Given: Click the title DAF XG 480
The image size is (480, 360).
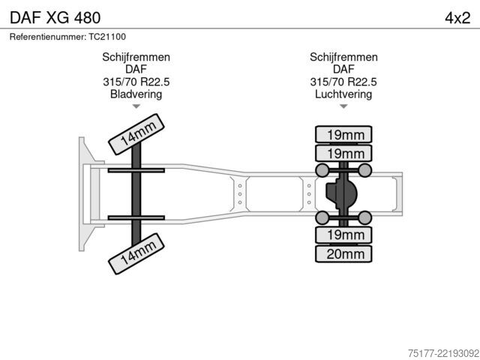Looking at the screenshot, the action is coord(55,18).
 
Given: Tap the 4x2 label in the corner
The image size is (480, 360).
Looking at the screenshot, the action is coord(457,18).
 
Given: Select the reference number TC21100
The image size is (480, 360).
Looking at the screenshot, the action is coord(107,37).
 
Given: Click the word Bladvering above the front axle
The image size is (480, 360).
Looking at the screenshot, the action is coord(136,94).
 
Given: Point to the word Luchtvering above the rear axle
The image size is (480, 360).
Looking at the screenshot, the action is coord(343,94).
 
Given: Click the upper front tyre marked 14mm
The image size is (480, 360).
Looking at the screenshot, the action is coord(136,134).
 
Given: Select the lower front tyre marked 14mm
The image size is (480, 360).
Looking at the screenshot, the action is coord(136,253).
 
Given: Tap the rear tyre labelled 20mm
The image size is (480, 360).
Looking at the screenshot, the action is coord(343,253).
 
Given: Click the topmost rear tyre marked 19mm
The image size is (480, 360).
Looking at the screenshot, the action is coord(343,134).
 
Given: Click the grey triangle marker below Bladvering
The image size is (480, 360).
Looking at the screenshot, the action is coord(136,106).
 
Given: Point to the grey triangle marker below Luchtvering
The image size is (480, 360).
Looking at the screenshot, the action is coord(343,106).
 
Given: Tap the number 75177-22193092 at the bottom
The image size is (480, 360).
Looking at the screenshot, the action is coord(443,353).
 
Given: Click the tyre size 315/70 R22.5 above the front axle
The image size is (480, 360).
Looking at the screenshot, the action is coord(136,82).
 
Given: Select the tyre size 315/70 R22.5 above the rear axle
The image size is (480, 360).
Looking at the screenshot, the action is coord(343,82).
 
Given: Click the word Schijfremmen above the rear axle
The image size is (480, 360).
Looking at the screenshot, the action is coord(343,57).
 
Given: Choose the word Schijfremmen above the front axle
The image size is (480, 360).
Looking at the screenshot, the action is coord(136,57).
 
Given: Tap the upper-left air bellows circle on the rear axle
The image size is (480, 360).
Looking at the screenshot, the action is coord(322,170).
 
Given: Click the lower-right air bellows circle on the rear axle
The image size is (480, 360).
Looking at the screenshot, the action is coord(364,217).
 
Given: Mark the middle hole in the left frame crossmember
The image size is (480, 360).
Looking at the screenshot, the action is coord(240,194).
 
